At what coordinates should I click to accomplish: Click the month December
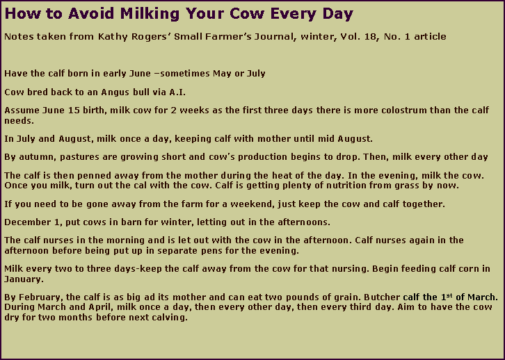tap(28, 222)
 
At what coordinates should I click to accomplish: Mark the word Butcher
tap(369, 298)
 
